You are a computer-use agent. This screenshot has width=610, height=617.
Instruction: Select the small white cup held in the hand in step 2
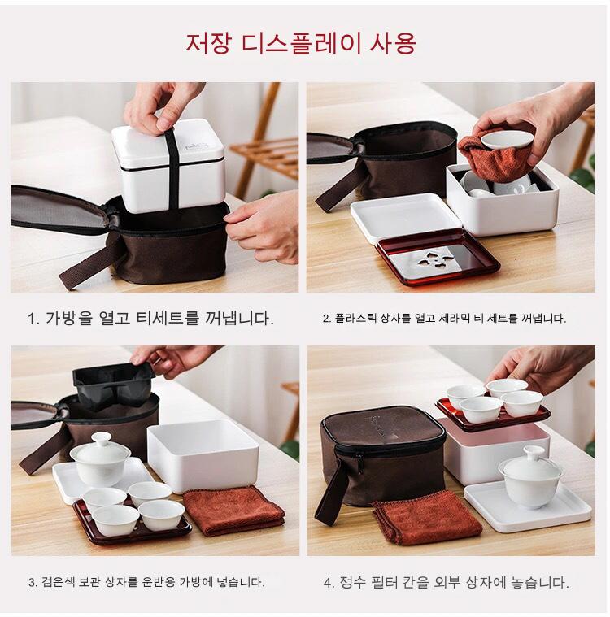[506, 140]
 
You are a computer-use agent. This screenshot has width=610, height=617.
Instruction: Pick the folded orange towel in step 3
[233, 510]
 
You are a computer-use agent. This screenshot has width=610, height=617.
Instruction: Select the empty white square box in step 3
[203, 454]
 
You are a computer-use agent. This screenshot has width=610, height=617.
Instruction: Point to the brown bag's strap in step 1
[86, 260]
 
